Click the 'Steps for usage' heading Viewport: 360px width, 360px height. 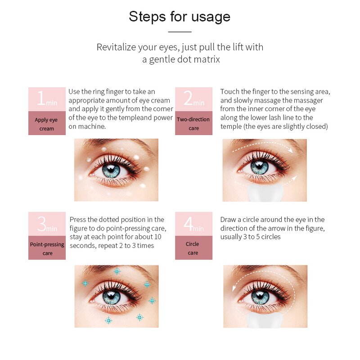180,17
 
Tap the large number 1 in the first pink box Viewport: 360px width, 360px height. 41,98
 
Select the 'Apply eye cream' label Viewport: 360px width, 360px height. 46,124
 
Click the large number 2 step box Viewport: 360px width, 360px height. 193,99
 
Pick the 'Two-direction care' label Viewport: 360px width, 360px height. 193,123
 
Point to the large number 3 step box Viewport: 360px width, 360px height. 47,224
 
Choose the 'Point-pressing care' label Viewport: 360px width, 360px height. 47,249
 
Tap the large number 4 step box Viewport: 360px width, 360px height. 193,224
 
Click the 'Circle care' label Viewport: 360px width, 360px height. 193,248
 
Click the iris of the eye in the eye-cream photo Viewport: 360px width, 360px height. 111,171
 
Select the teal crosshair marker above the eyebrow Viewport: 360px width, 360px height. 117,271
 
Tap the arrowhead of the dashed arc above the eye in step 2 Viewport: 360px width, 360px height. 291,151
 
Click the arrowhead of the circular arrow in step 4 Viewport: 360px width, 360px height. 234,288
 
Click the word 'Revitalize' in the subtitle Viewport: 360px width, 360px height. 116,47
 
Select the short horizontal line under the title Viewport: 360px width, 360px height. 180,31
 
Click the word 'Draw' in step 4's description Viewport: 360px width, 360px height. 228,220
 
